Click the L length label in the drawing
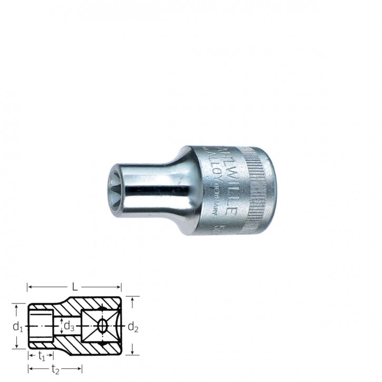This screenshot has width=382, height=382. click(x=75, y=287)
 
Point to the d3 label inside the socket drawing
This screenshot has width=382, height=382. click(x=68, y=326)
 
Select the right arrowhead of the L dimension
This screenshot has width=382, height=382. click(x=120, y=287)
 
